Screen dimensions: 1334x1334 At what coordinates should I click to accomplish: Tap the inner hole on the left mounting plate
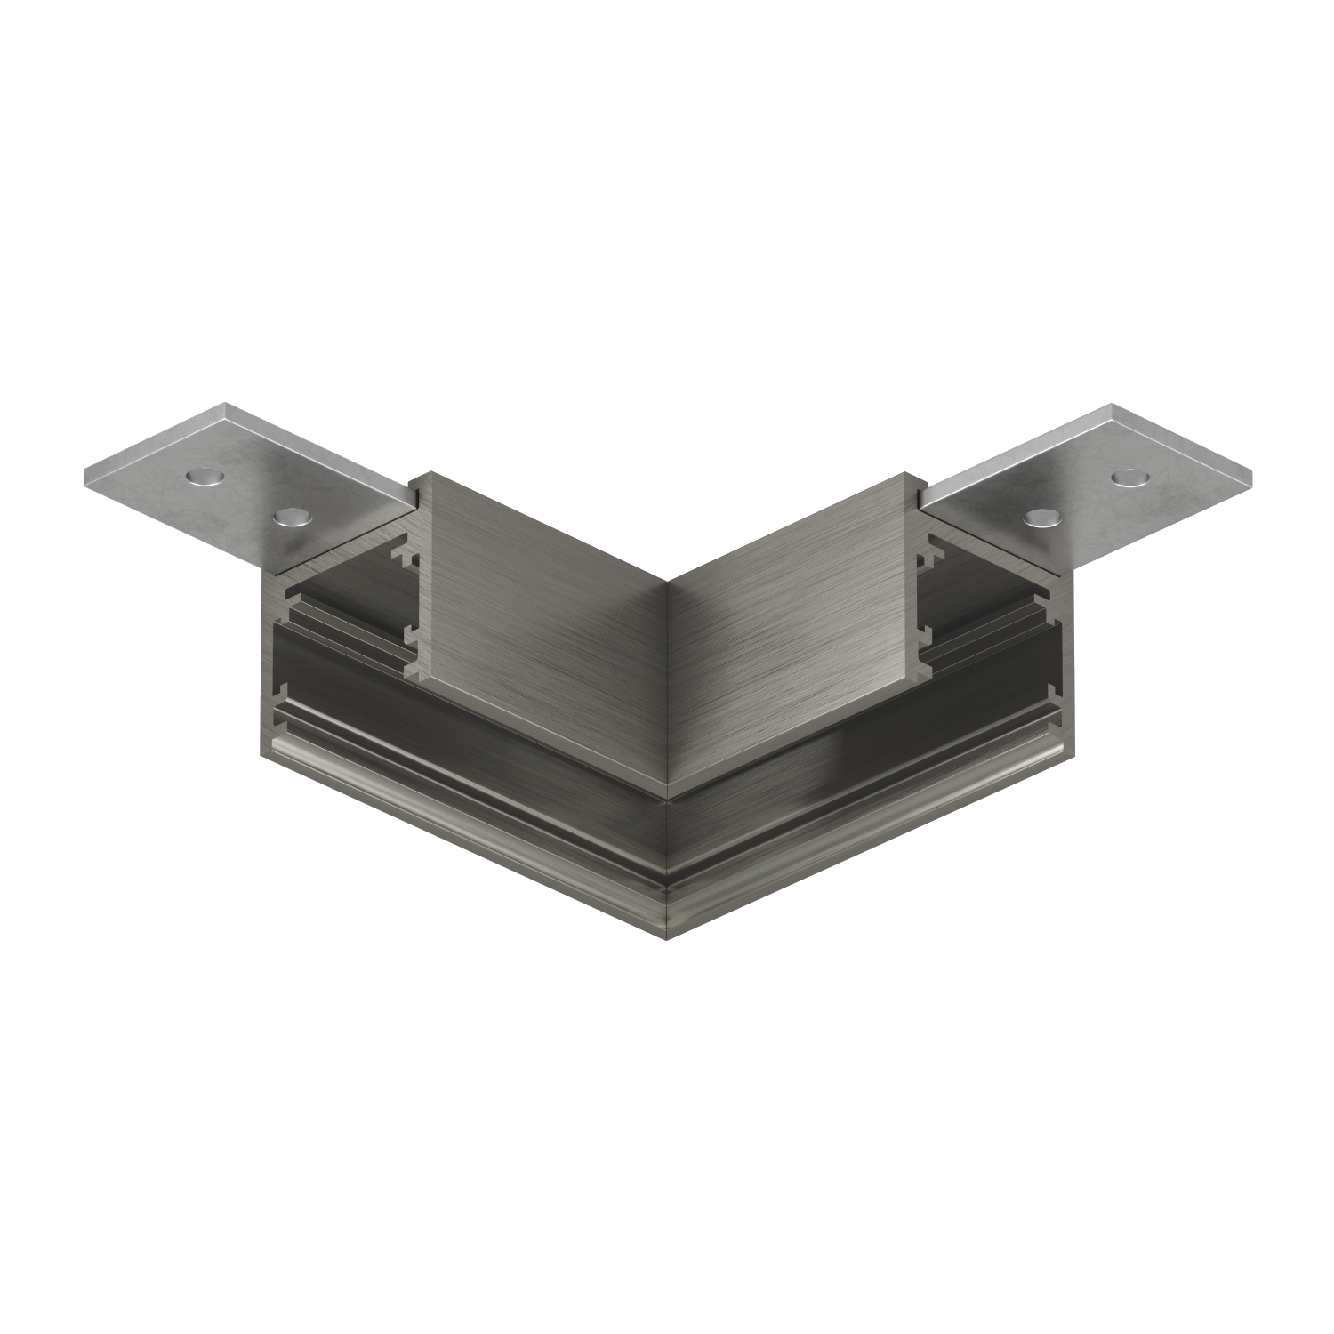pos(288,517)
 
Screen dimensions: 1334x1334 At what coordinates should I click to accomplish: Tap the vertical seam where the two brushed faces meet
pos(667,685)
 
